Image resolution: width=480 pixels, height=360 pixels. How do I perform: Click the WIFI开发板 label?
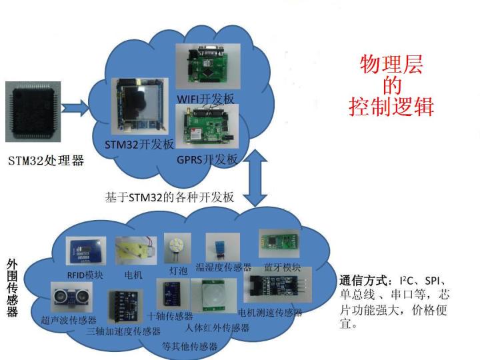[x=205, y=99]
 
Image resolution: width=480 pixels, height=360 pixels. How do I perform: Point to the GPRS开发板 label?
[x=207, y=159]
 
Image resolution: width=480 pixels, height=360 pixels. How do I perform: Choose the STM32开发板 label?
[x=139, y=144]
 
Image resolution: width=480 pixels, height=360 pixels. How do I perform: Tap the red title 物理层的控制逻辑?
[x=391, y=86]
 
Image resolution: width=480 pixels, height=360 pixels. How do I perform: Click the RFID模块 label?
[x=85, y=274]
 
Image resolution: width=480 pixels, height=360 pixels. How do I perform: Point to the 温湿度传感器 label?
[x=223, y=267]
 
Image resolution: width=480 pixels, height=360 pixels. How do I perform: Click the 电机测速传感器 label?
[x=270, y=312]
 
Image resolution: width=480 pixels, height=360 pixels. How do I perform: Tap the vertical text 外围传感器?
[x=12, y=287]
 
